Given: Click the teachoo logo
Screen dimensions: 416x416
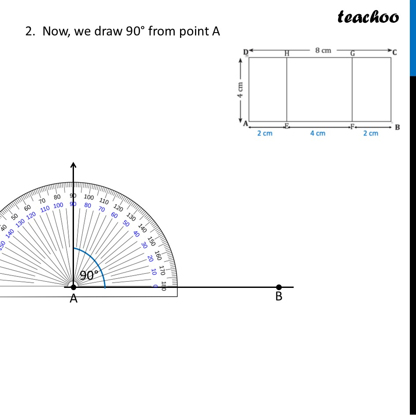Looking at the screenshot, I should coord(368,17).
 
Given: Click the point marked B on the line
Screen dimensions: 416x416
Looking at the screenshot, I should coord(279,287).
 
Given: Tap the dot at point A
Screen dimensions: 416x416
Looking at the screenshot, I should coord(74,287).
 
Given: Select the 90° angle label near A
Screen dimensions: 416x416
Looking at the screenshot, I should coord(89,276).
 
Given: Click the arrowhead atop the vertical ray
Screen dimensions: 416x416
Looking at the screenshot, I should coord(73,165).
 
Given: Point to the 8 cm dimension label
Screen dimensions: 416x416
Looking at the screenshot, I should coord(323,50).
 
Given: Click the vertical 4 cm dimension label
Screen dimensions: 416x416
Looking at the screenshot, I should coord(240,90).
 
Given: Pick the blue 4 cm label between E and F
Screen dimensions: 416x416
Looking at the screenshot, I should coord(317,133).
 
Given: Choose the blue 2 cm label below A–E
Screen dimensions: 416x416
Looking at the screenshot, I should coord(265,133).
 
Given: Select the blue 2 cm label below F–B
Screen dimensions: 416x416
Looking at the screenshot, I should coord(371,133).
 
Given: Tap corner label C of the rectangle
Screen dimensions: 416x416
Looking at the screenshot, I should coord(394,52).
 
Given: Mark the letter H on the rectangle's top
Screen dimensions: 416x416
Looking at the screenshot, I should coord(287,53).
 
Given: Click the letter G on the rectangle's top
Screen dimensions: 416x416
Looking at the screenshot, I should coord(352,53).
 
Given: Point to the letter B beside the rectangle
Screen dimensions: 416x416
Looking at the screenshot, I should coord(397,128).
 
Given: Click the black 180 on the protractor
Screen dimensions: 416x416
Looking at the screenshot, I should coord(164,286).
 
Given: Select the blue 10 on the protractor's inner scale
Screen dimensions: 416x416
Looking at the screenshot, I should coord(154,272).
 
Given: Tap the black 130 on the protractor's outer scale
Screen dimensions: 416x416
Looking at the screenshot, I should coord(131,216).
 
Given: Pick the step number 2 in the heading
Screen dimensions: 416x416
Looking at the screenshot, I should coord(29,32).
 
